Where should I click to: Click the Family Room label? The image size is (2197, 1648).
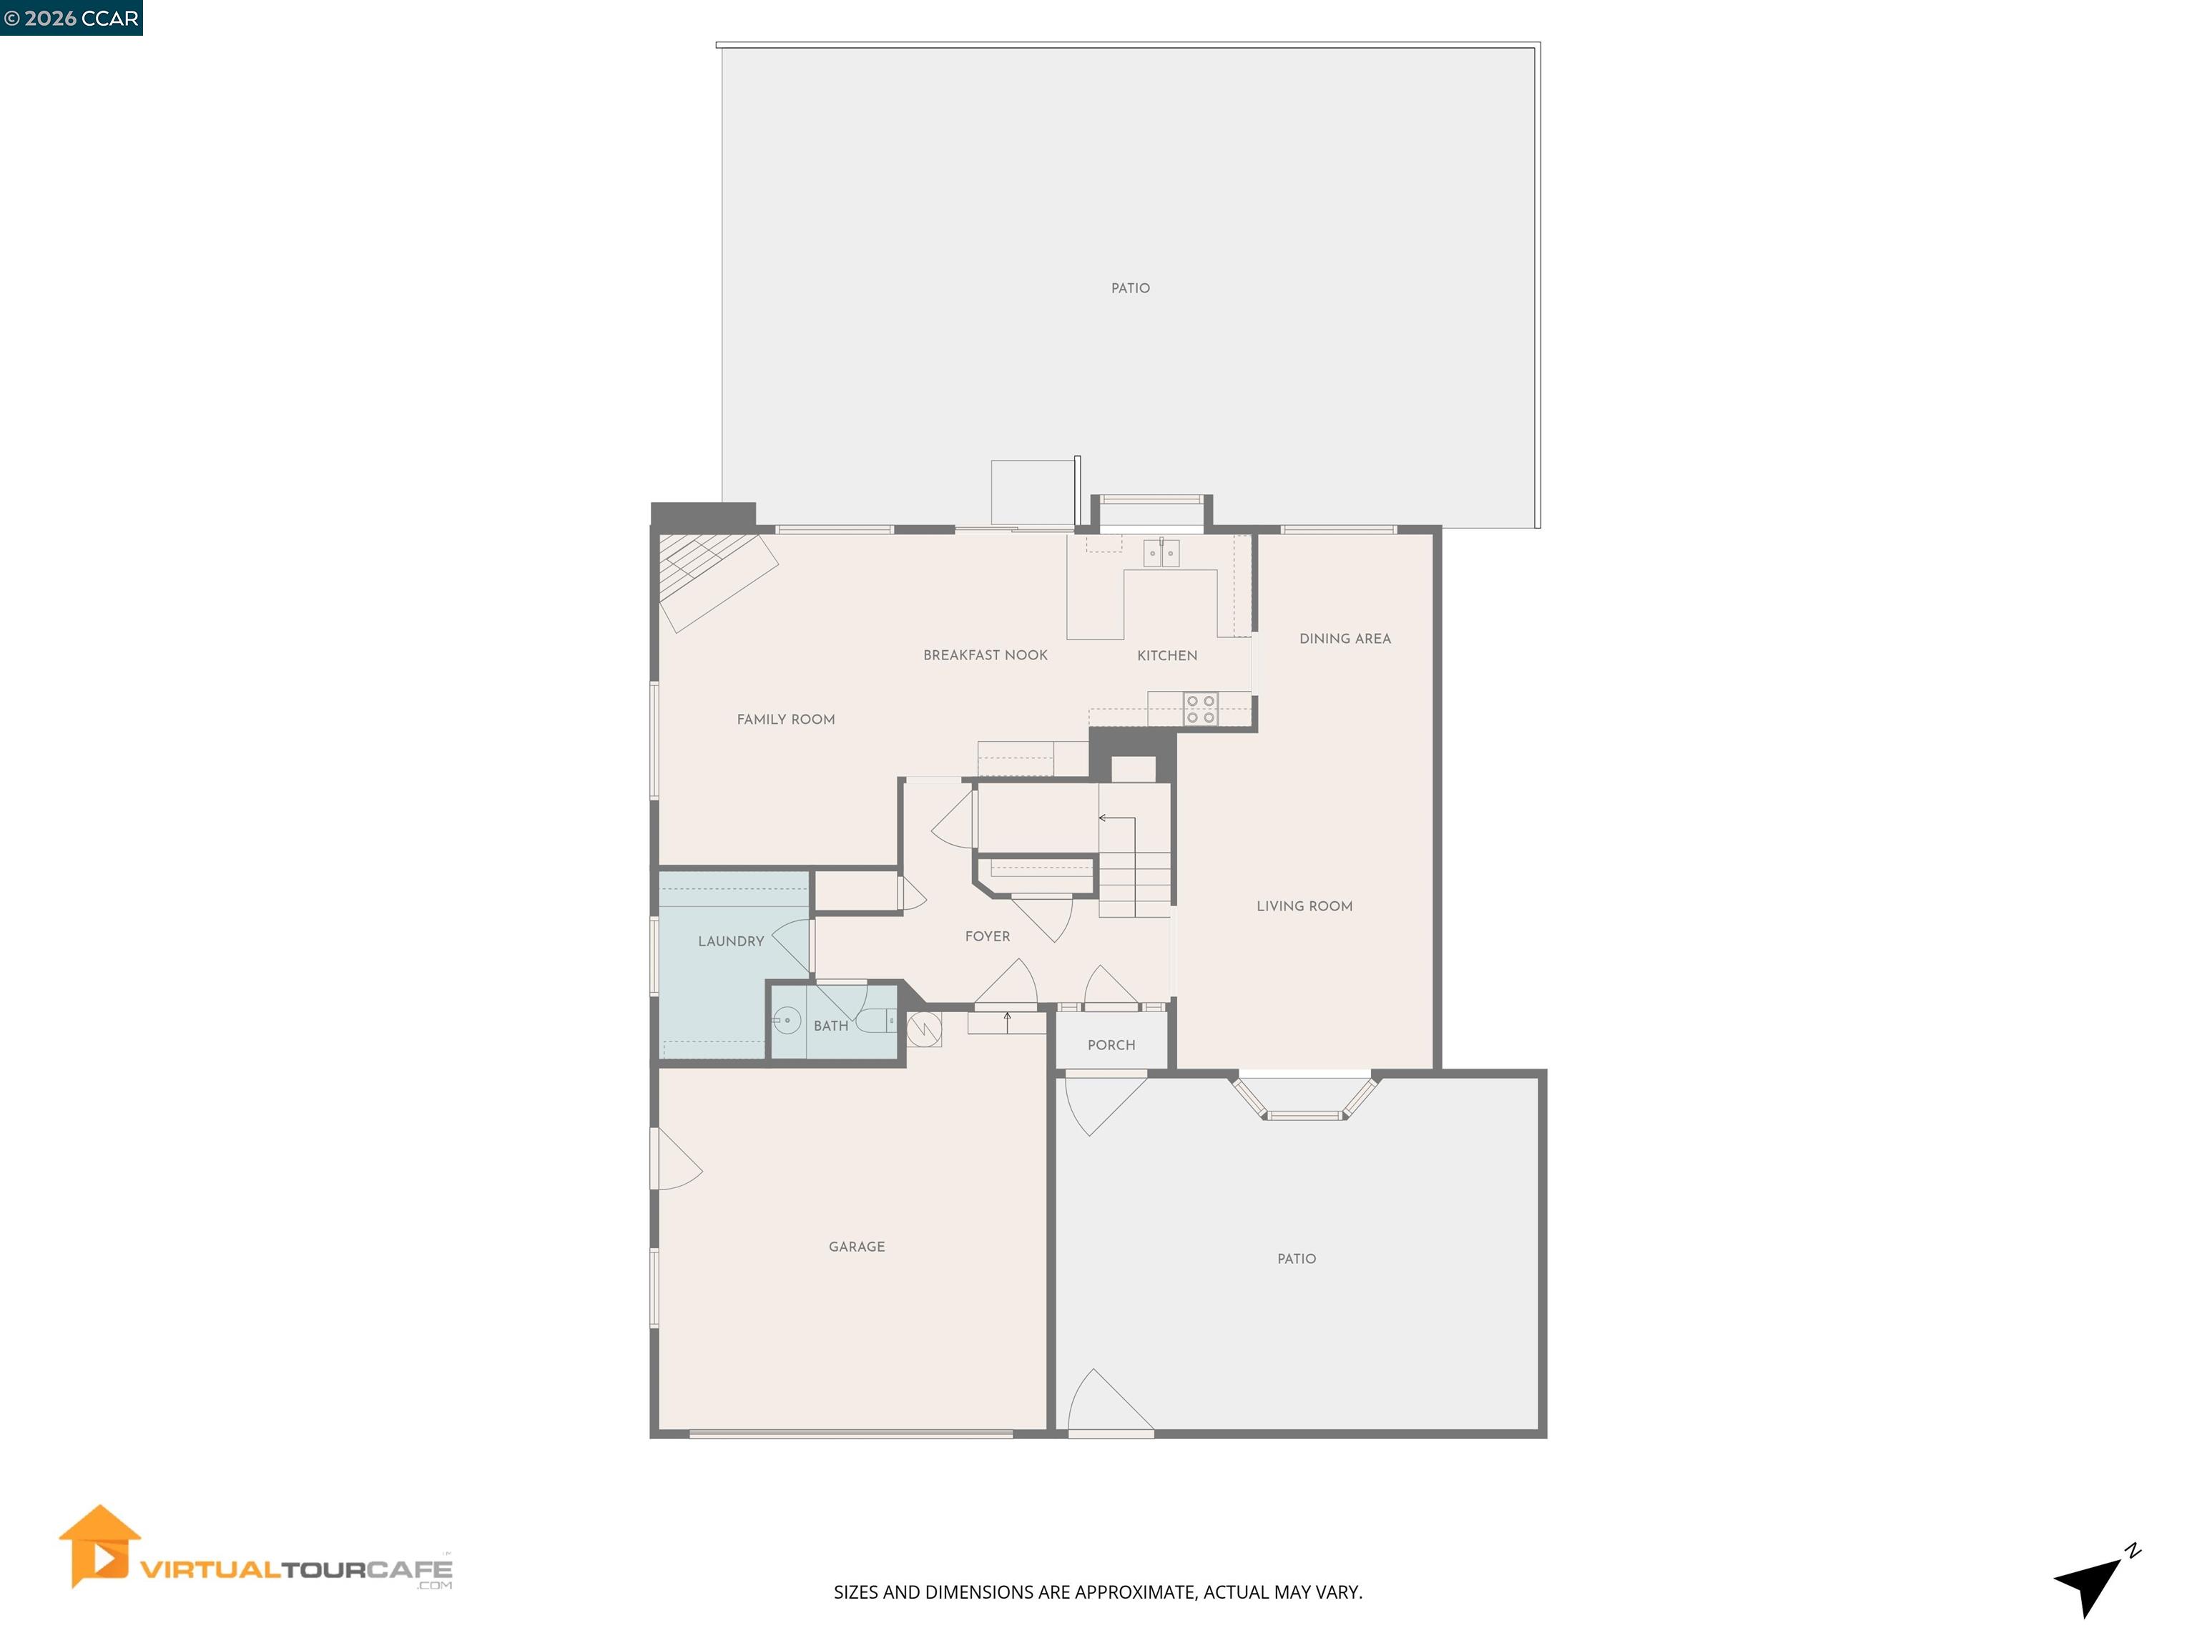click(x=786, y=719)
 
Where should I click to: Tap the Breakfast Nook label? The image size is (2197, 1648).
click(x=986, y=654)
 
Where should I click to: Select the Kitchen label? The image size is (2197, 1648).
click(x=1167, y=656)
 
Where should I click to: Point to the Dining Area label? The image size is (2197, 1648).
click(x=1345, y=639)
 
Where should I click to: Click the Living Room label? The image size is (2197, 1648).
click(x=1304, y=906)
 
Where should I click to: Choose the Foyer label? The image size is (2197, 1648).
click(x=987, y=936)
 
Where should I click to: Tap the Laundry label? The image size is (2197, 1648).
click(x=731, y=941)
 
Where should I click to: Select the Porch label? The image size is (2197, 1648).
click(x=1111, y=1045)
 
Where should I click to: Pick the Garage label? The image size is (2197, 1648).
click(x=856, y=1247)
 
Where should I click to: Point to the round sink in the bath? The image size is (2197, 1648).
click(x=787, y=1020)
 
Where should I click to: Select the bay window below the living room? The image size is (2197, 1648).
click(x=1305, y=1099)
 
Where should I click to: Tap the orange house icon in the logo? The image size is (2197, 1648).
click(x=99, y=1546)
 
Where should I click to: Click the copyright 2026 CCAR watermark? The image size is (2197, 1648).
click(x=72, y=18)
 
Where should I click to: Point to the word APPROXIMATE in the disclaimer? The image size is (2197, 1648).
click(x=1134, y=1592)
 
